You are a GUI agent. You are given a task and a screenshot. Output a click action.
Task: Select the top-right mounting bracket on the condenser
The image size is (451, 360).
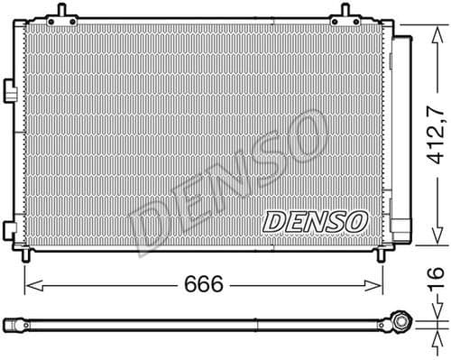(x=345, y=14)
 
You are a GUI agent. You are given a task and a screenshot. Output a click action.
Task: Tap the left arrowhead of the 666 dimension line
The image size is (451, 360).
(x=28, y=286)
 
